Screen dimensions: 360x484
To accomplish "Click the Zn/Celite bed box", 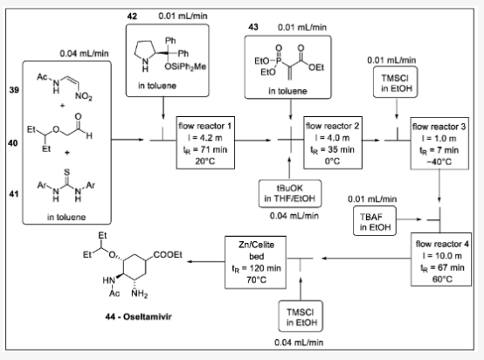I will click(243, 253).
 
